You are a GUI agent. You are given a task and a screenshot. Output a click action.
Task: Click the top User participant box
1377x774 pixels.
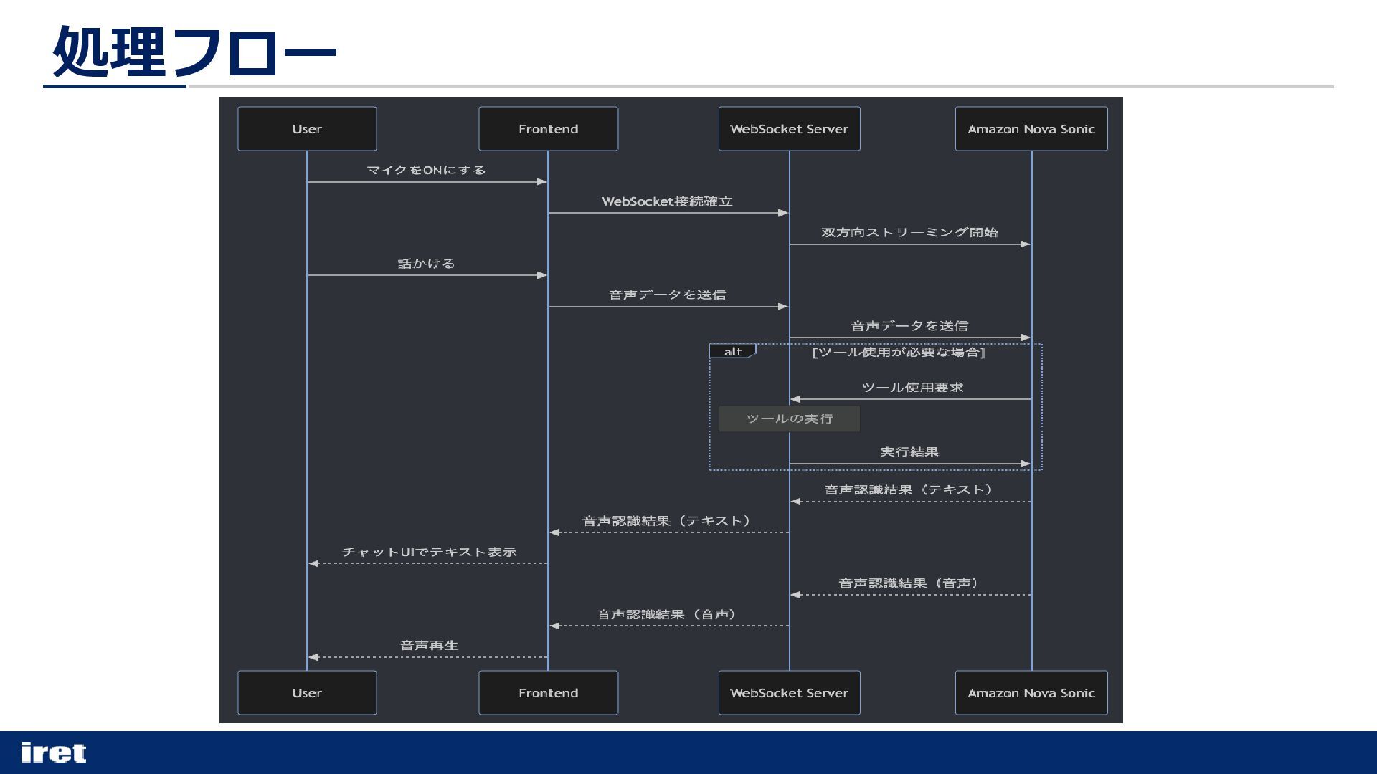pyautogui.click(x=307, y=129)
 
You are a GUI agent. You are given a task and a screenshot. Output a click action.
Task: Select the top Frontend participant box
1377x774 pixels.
pyautogui.click(x=548, y=129)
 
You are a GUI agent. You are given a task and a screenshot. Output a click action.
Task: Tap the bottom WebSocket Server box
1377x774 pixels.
pyautogui.click(x=789, y=693)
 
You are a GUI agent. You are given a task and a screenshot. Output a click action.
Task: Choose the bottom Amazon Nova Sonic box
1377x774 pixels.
pyautogui.click(x=1031, y=693)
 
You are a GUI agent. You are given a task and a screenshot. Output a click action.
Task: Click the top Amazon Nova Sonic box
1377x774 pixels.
pyautogui.click(x=1031, y=129)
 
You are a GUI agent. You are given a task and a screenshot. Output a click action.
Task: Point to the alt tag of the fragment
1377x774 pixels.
pyautogui.click(x=732, y=352)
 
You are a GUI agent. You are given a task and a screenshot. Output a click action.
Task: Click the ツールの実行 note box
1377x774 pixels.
pyautogui.click(x=789, y=419)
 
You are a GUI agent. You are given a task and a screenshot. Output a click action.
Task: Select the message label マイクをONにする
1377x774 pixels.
pyautogui.click(x=426, y=170)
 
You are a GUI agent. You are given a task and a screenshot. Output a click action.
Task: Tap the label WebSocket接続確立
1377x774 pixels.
pyautogui.click(x=667, y=201)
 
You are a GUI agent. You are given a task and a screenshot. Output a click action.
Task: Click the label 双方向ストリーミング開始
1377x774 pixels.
pyautogui.click(x=909, y=232)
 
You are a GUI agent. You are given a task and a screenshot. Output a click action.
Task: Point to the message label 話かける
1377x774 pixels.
pyautogui.click(x=426, y=264)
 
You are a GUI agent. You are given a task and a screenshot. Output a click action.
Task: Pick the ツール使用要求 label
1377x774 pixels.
pyautogui.click(x=912, y=388)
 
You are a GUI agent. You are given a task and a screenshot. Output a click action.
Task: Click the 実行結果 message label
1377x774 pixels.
pyautogui.click(x=909, y=452)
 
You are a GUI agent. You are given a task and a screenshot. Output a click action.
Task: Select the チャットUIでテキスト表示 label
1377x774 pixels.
pyautogui.click(x=429, y=552)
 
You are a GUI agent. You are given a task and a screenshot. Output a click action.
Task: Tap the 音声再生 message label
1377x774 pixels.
pyautogui.click(x=429, y=646)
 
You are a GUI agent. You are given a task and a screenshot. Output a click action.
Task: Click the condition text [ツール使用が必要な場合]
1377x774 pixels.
pyautogui.click(x=898, y=352)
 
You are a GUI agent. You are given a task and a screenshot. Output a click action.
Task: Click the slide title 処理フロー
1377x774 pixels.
pyautogui.click(x=194, y=52)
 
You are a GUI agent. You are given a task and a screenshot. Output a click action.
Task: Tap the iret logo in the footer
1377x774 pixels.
pyautogui.click(x=54, y=752)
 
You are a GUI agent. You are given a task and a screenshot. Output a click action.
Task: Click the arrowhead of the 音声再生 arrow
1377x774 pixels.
pyautogui.click(x=313, y=657)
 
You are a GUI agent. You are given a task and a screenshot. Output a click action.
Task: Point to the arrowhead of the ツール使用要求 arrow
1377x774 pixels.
pyautogui.click(x=795, y=399)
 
